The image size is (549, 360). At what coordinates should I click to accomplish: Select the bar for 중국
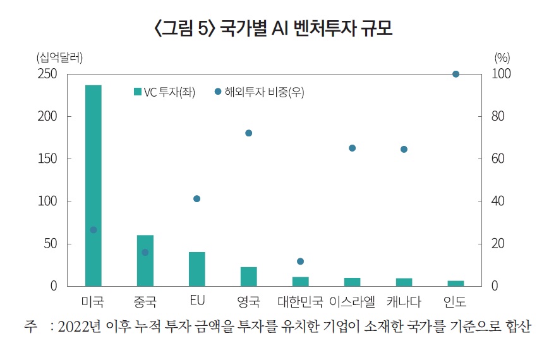click(145, 260)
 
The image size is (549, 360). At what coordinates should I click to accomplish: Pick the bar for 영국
click(248, 276)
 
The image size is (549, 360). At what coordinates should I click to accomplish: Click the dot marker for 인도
click(455, 74)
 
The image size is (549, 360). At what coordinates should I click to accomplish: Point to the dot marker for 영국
click(248, 133)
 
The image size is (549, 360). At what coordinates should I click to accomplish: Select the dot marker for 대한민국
click(300, 261)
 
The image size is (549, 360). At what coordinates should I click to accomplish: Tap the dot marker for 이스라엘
click(352, 148)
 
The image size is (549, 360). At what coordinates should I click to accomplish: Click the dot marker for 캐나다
click(404, 150)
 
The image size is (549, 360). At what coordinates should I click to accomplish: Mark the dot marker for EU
click(196, 199)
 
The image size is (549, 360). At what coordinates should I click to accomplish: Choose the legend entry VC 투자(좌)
click(164, 92)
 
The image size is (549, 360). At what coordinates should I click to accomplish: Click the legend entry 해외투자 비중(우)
click(259, 92)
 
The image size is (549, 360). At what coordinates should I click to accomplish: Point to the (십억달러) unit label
click(59, 57)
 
